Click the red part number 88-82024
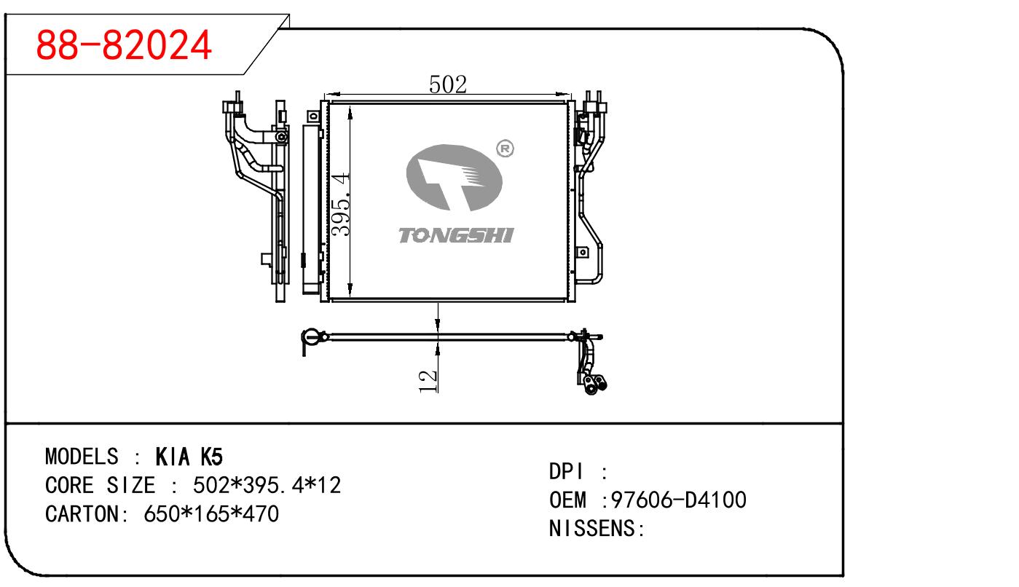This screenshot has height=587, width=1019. [125, 45]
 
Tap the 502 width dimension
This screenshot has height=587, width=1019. [447, 84]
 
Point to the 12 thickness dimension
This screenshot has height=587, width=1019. [428, 380]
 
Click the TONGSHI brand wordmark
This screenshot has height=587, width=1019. [457, 235]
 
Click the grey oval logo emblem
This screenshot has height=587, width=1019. [454, 178]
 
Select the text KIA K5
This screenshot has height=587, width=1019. [189, 457]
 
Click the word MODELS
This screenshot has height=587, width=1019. [81, 457]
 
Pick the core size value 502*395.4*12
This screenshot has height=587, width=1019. [267, 485]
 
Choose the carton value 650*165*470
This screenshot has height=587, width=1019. [212, 513]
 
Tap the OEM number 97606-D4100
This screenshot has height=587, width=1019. [679, 500]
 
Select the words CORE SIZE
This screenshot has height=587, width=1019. [100, 485]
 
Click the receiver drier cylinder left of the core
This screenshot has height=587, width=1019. [311, 208]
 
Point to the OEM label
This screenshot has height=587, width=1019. [567, 500]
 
